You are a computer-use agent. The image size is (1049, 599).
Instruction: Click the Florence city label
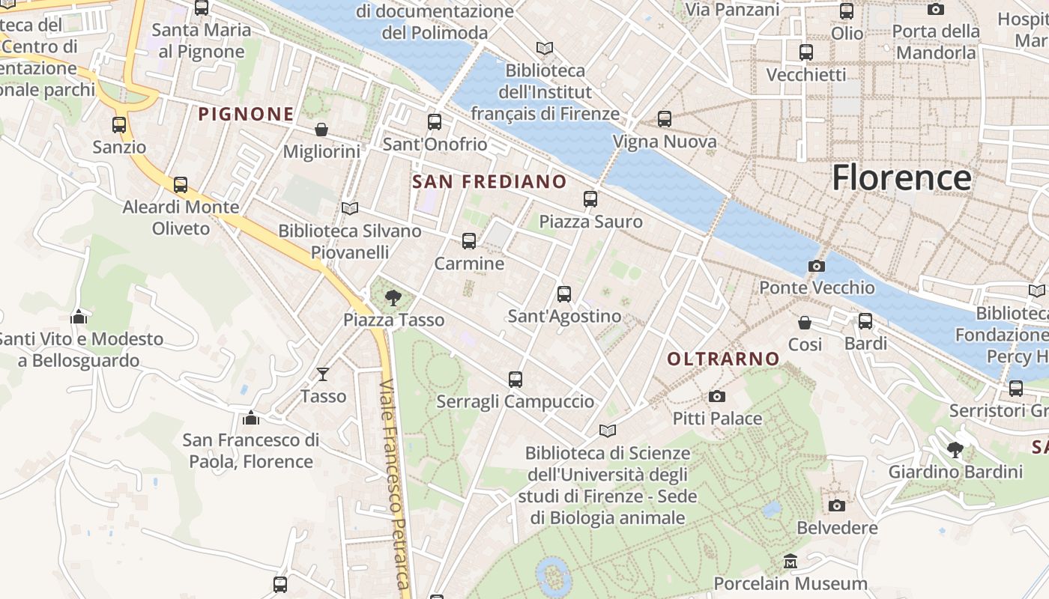point(901,178)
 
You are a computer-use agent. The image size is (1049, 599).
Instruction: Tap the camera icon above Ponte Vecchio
point(817,266)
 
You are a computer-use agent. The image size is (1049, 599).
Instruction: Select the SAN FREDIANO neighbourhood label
point(489,181)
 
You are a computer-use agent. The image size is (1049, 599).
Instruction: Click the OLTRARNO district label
point(723,359)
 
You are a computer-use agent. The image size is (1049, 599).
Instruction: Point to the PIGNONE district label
point(246,114)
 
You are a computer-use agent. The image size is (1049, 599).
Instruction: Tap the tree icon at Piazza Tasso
point(393,299)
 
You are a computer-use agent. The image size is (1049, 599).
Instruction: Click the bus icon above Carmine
point(469,241)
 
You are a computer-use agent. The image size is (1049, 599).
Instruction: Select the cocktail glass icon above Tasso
point(323,374)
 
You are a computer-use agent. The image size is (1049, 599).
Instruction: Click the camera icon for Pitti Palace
point(717,396)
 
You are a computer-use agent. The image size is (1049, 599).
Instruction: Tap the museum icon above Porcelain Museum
point(790,561)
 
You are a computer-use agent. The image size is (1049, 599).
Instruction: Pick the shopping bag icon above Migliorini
point(321,130)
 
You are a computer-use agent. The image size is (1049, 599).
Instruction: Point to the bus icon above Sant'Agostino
point(564,294)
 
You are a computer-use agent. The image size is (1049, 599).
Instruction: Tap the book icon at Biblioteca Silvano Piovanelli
point(349,208)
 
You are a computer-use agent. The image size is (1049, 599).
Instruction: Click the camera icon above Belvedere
point(837,505)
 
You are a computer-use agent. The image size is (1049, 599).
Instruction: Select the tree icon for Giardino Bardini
point(955,450)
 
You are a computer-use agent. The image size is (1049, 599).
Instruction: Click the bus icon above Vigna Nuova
point(665,119)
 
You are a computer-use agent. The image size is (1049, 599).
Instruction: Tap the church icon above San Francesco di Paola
point(251,417)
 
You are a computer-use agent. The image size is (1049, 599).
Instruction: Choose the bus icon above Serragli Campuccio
point(516,380)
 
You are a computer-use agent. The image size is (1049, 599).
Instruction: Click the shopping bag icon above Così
point(805,323)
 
